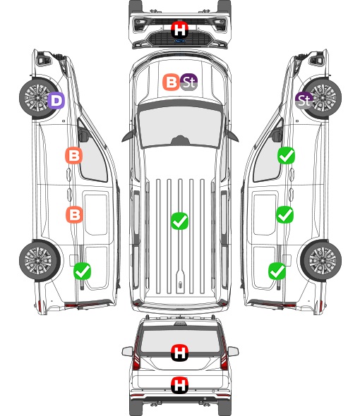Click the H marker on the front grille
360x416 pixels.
pyautogui.click(x=180, y=30)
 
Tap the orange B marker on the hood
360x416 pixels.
pyautogui.click(x=171, y=82)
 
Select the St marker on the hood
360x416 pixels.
pyautogui.click(x=188, y=82)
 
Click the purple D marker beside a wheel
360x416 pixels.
pyautogui.click(x=56, y=101)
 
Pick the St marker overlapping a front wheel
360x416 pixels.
pyautogui.click(x=304, y=101)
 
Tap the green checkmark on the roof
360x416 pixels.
pyautogui.click(x=179, y=221)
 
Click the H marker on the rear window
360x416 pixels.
pyautogui.click(x=180, y=353)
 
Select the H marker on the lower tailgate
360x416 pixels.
pyautogui.click(x=180, y=385)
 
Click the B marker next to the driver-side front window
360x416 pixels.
pyautogui.click(x=74, y=155)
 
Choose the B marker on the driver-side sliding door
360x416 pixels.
pyautogui.click(x=74, y=214)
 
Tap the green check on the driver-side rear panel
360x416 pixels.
pyautogui.click(x=82, y=271)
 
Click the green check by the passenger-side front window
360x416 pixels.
pyautogui.click(x=286, y=155)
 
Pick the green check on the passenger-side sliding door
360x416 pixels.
pyautogui.click(x=284, y=214)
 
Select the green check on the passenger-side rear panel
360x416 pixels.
pyautogui.click(x=277, y=271)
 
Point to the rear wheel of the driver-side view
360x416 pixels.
pyautogui.click(x=40, y=261)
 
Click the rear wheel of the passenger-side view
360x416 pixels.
pyautogui.click(x=320, y=261)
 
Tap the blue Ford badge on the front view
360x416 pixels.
pyautogui.click(x=179, y=41)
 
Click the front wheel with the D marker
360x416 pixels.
pyautogui.click(x=40, y=98)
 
